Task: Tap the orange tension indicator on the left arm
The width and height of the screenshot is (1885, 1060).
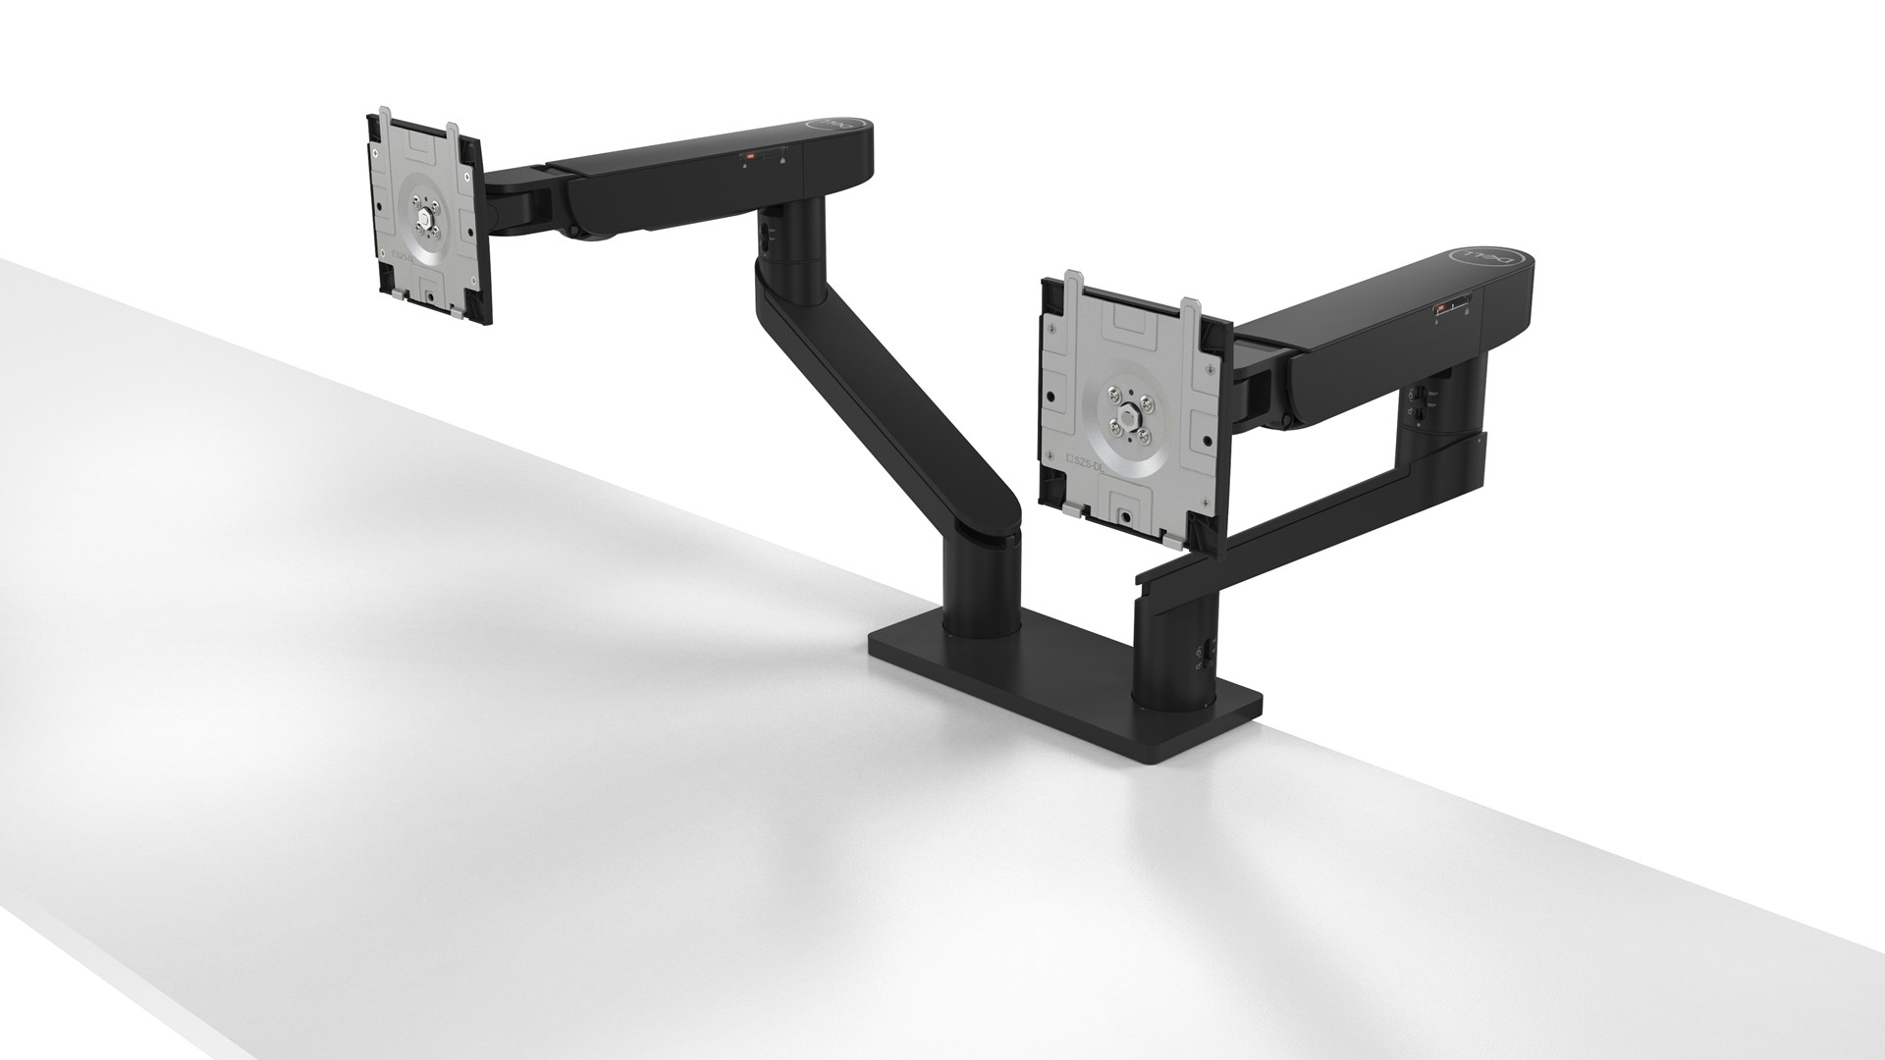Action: coord(747,155)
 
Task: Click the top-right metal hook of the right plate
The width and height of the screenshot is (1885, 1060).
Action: coord(1192,307)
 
